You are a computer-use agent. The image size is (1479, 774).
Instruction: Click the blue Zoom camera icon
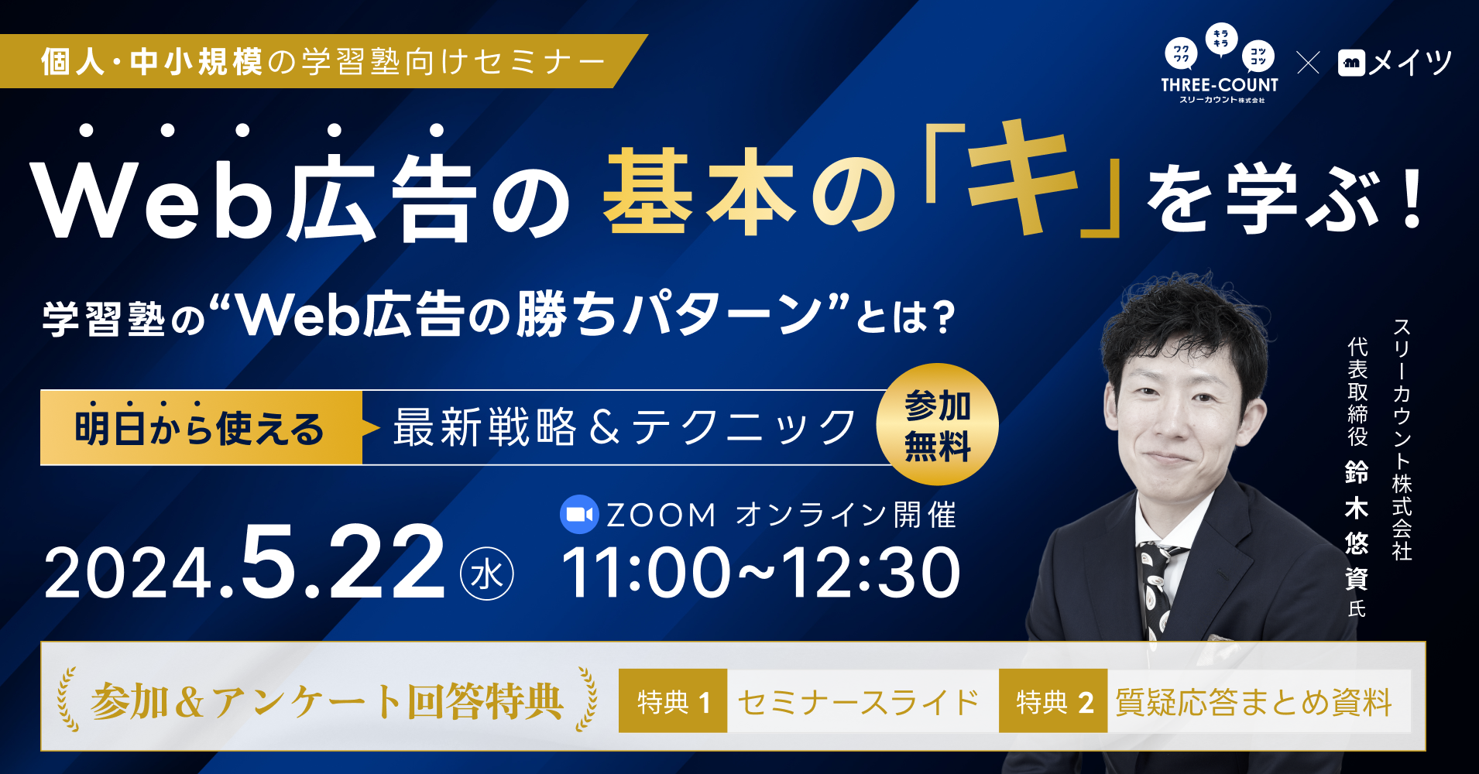[578, 515]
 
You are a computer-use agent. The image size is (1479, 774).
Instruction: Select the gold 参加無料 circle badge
[937, 425]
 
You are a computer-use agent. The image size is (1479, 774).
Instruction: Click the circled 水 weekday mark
[487, 574]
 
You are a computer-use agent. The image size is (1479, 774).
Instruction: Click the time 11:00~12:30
[761, 574]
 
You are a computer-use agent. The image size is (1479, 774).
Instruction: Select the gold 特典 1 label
[672, 701]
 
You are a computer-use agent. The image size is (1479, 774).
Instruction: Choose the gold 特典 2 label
[1053, 701]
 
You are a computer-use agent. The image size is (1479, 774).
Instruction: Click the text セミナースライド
[858, 702]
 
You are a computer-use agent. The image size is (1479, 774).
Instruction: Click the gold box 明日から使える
[201, 428]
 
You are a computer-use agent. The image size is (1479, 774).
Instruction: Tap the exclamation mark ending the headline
[1412, 200]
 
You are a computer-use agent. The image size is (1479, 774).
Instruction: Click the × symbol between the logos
[1308, 63]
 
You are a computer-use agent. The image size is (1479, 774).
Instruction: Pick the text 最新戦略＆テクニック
[624, 427]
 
